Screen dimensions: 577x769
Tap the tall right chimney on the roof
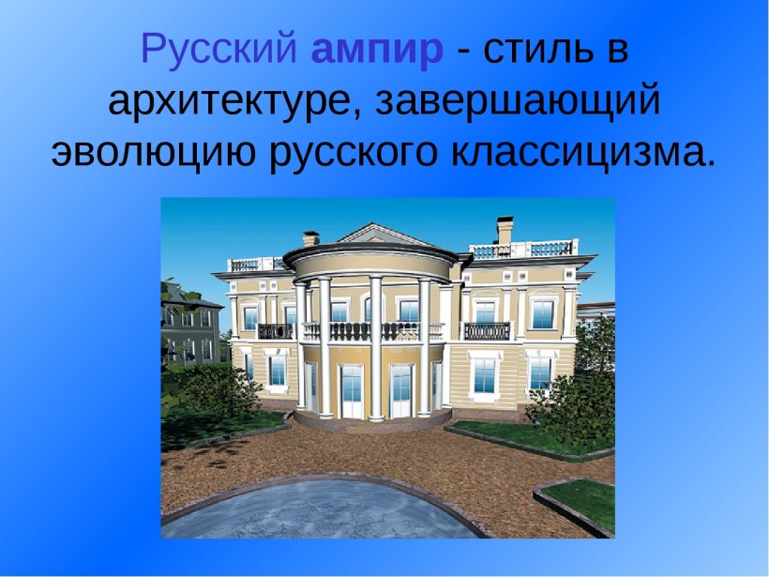(505, 230)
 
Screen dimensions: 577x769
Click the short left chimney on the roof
(311, 238)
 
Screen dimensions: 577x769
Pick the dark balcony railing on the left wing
(275, 331)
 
